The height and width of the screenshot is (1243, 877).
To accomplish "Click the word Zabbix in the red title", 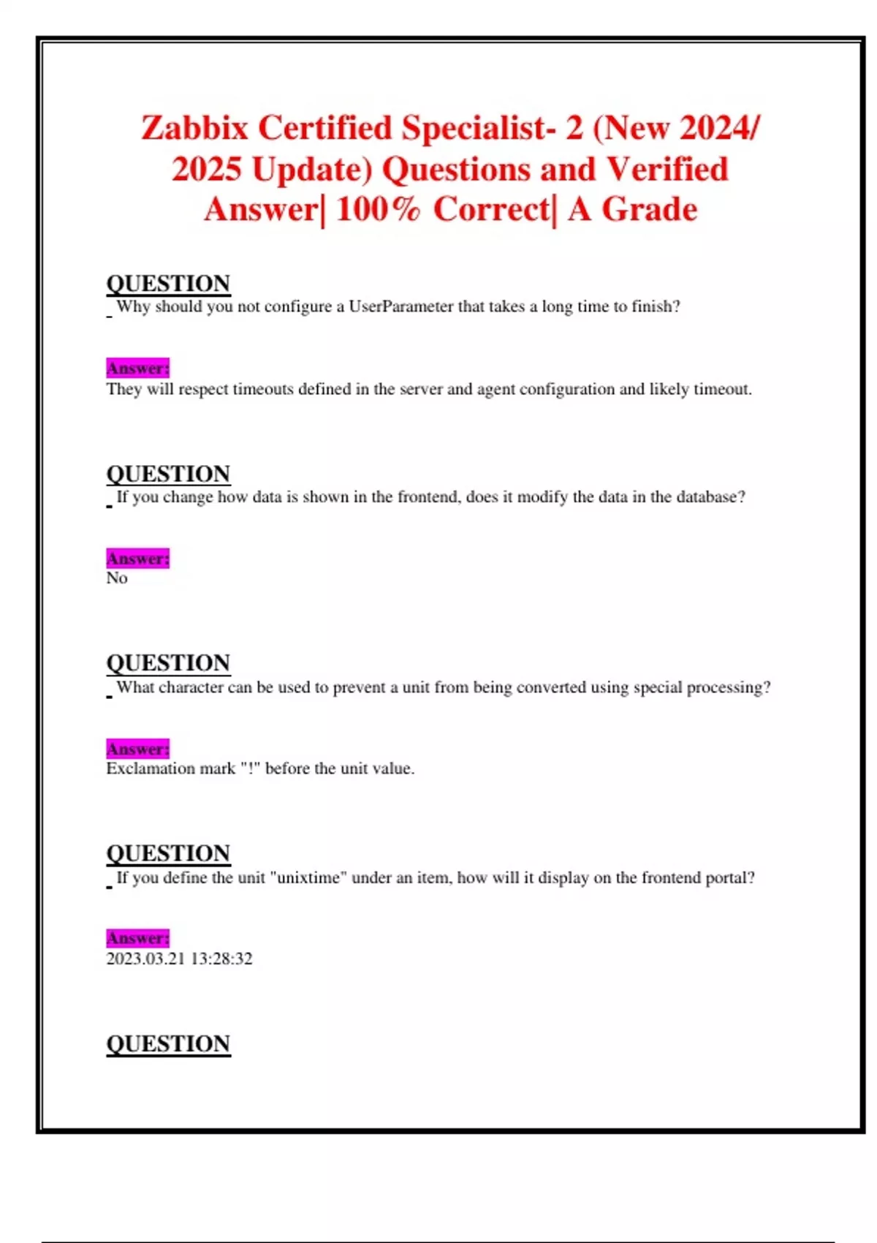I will click(195, 128).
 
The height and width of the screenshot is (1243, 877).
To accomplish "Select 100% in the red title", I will click(378, 209).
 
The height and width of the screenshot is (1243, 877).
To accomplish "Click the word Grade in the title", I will click(649, 209).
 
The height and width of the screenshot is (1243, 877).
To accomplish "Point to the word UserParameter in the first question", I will click(400, 306).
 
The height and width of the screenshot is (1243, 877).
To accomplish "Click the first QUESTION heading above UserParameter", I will click(168, 284).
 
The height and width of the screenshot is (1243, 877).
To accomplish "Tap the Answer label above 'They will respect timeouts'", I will click(137, 368).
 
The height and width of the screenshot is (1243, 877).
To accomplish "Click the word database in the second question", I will click(706, 497).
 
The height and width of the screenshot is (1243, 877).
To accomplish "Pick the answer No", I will click(117, 578).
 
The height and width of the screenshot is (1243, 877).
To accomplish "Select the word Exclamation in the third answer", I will click(145, 768).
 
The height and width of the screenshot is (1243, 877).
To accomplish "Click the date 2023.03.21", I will click(145, 959).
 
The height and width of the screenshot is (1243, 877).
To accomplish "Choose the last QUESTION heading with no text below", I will click(168, 1043).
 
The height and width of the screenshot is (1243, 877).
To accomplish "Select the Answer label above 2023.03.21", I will click(137, 938).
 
